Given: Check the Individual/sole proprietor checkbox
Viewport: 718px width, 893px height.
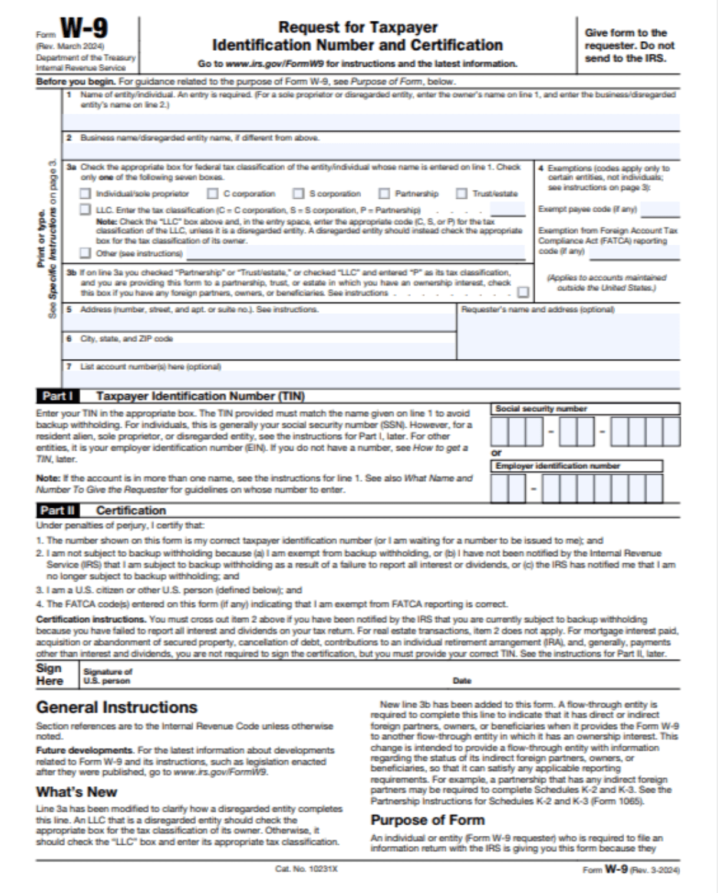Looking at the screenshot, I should (85, 193).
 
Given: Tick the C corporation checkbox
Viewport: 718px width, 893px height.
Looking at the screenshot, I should (213, 193).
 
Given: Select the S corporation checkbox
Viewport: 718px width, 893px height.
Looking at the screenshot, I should (299, 193).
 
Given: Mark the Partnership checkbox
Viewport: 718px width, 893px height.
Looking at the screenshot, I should (384, 193).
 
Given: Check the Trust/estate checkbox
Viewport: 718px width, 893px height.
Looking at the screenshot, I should (462, 193).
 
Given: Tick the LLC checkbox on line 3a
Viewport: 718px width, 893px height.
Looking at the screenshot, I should (85, 209).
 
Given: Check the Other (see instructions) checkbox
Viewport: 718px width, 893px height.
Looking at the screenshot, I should (85, 253).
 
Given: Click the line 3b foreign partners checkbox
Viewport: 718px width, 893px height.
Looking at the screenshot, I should (523, 292).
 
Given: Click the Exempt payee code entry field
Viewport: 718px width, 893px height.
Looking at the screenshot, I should (660, 209).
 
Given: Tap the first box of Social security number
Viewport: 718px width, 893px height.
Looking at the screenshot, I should (499, 431).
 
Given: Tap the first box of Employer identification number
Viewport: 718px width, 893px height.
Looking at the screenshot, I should (499, 488).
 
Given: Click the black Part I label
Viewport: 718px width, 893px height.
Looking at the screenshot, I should (57, 396).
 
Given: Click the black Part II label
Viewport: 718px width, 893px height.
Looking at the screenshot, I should (57, 510).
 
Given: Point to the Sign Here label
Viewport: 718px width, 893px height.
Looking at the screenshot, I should (50, 674).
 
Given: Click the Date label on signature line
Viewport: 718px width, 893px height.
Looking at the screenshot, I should (462, 681).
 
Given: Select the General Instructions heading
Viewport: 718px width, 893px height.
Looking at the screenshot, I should (117, 707).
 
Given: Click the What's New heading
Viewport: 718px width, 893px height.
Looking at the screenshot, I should (77, 792).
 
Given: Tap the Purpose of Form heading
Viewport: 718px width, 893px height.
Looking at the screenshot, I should (427, 820).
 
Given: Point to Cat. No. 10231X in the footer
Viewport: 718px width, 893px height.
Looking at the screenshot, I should (306, 869).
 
